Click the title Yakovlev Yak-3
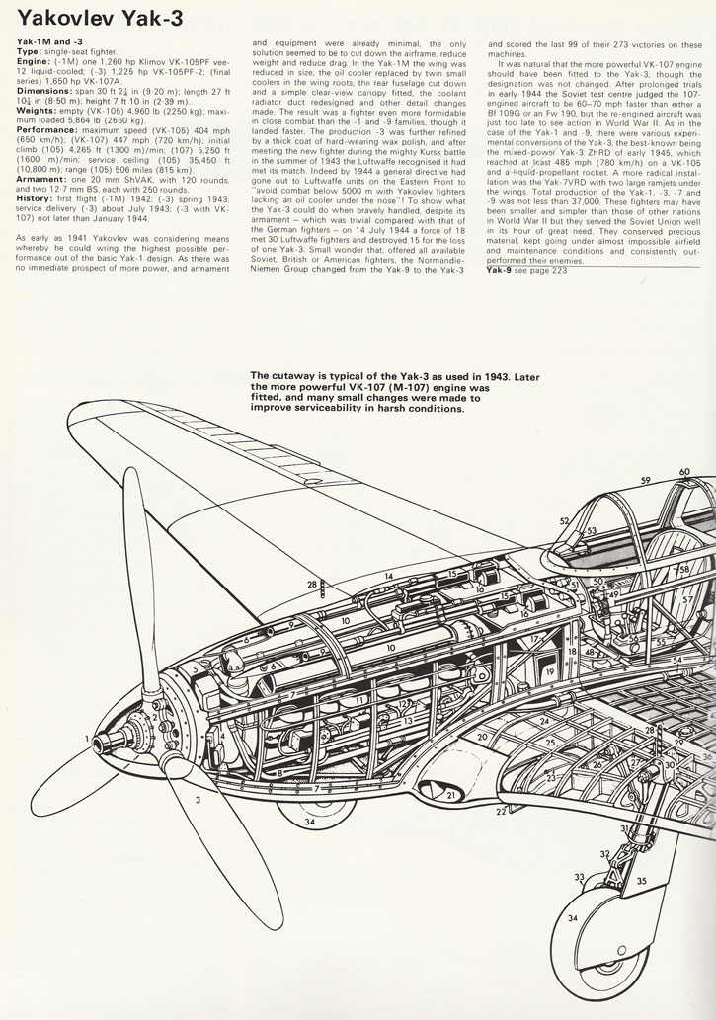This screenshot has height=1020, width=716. (x=100, y=19)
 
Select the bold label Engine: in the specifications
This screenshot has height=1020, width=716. (x=32, y=60)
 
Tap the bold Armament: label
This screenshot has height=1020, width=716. (x=39, y=179)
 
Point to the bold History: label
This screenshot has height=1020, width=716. (x=34, y=197)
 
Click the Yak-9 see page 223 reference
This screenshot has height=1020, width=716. (x=526, y=270)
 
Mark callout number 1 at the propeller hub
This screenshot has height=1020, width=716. (x=86, y=738)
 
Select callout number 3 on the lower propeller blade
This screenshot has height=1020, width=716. (x=198, y=800)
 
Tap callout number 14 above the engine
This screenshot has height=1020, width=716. (x=388, y=576)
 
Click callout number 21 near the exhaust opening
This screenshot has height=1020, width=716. (x=450, y=794)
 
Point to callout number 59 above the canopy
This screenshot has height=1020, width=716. (x=645, y=481)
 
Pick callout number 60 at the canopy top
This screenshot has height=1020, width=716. (x=684, y=472)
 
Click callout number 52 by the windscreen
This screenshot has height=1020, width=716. (x=564, y=520)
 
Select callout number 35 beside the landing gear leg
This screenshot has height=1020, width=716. (x=642, y=882)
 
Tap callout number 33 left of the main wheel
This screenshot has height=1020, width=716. (x=580, y=877)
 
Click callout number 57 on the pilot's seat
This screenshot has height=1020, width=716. (x=687, y=599)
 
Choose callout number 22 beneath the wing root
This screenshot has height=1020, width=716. (x=501, y=812)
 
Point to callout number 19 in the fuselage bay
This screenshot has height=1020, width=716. (x=550, y=672)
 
